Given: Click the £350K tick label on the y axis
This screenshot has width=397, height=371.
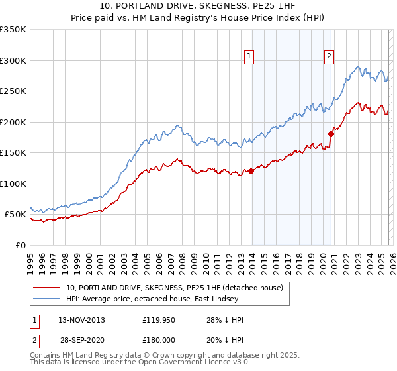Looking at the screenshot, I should coord(13,30).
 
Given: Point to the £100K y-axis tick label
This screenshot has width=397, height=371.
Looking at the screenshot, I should coord(13,184).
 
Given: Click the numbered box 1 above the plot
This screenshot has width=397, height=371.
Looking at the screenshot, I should coord(249,57).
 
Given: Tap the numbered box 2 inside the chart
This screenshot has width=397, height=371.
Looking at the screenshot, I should coord(329,57).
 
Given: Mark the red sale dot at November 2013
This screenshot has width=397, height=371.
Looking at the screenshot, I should coord(251,172).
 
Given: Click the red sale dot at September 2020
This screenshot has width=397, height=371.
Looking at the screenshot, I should coord(331,134).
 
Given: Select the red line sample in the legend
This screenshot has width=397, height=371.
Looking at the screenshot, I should coord(47,288).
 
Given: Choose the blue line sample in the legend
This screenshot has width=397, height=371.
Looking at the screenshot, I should coord(47,299).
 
